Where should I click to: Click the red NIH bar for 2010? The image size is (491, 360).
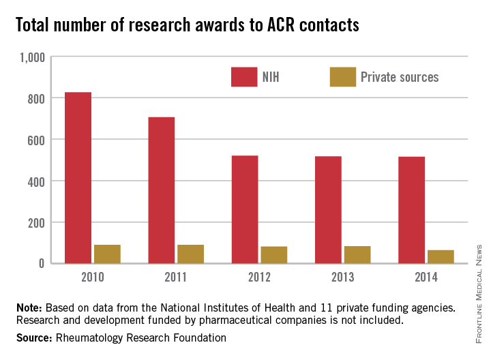78,177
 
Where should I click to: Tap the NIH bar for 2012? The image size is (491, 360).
245,209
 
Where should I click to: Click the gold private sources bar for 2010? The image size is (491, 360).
107,254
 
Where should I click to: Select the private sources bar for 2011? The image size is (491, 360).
191,254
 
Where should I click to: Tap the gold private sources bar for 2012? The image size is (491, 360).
274,254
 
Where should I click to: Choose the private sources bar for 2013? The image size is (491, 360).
357,254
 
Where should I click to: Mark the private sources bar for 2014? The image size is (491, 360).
441,256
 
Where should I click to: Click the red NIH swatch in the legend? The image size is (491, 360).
243,77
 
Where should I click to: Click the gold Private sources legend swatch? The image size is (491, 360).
342,77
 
